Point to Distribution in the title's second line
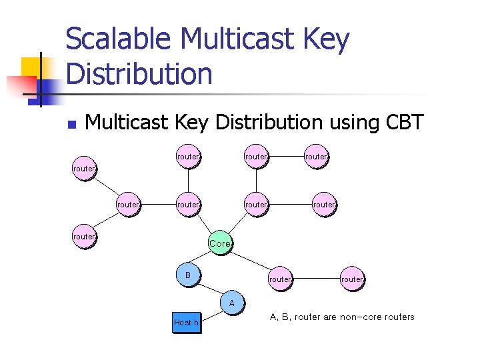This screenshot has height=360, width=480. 139,73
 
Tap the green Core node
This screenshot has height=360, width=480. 220,244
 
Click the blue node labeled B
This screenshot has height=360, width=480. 188,275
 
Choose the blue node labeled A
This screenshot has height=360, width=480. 231,303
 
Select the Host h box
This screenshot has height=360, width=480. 186,322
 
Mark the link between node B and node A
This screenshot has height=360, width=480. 209,289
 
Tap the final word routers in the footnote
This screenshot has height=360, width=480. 399,317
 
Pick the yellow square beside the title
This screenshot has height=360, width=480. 31,67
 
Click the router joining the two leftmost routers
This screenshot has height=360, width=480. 127,205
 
